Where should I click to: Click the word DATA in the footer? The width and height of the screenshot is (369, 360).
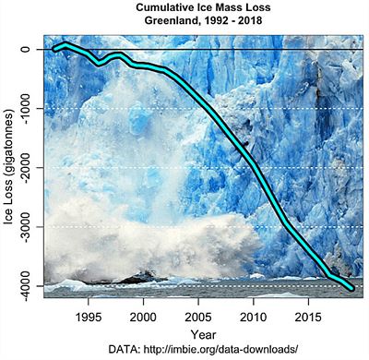124,350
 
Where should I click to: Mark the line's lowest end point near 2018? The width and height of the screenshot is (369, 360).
351,288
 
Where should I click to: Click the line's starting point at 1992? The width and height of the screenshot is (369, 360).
54,49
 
